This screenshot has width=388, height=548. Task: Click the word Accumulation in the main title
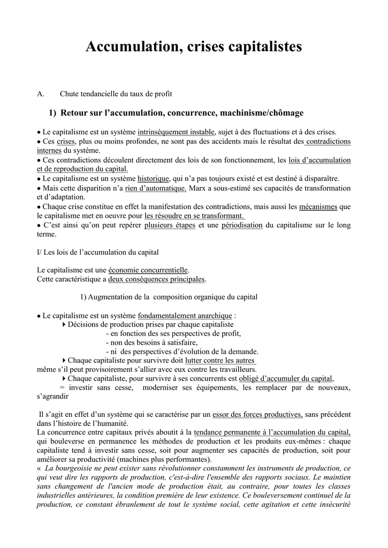click(133, 47)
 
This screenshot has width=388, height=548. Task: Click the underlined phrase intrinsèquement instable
click(177, 132)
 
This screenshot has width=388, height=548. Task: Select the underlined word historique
click(153, 178)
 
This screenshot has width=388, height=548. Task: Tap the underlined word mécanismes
click(318, 207)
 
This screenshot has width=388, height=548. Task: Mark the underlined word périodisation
click(242, 225)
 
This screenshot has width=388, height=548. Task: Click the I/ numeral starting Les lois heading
click(39, 252)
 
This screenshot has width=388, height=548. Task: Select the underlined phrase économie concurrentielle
click(148, 270)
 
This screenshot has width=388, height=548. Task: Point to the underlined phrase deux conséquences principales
click(156, 279)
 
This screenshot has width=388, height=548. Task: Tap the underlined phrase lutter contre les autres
click(224, 360)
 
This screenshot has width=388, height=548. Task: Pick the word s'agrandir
click(52, 397)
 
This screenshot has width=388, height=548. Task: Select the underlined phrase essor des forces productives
click(257, 414)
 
